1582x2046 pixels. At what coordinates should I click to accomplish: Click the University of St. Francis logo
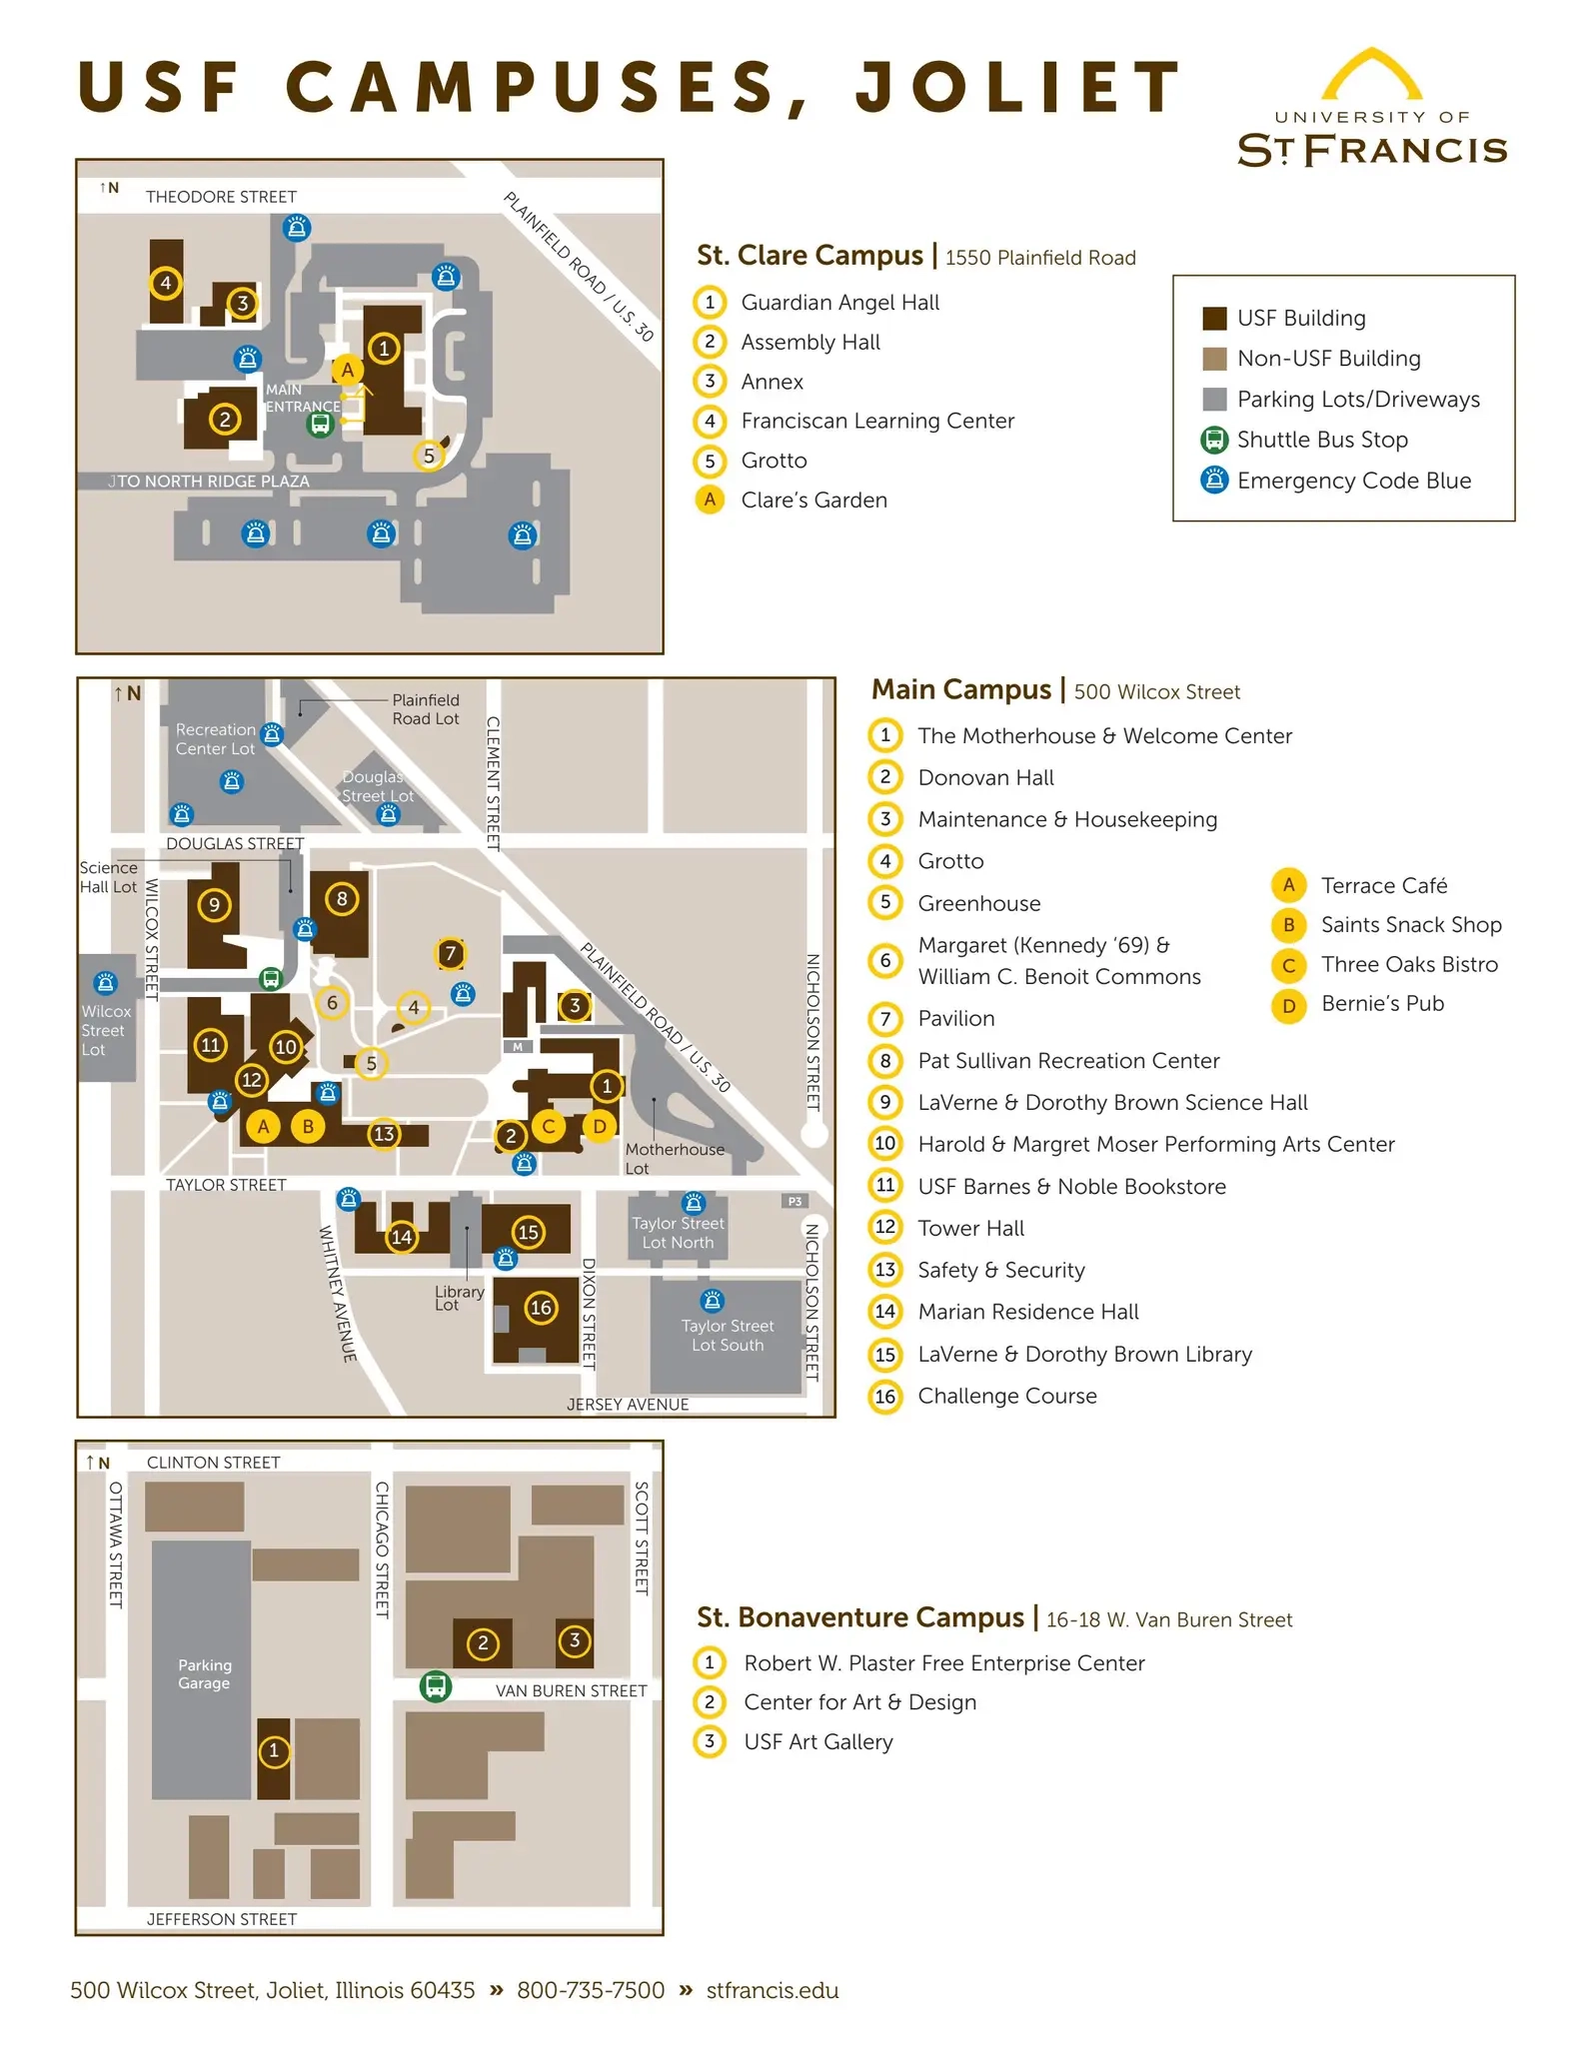(1372, 110)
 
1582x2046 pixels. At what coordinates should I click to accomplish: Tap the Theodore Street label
(221, 197)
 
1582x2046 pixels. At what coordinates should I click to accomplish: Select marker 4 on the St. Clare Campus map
(166, 283)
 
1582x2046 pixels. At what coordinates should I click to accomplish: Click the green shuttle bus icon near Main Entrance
(320, 424)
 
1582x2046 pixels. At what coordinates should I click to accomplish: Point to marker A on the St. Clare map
(347, 370)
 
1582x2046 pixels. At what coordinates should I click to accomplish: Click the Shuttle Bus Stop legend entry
(1321, 440)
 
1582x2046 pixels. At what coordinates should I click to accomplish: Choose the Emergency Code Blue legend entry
(1353, 481)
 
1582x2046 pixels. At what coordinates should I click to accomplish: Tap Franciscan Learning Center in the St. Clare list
(876, 421)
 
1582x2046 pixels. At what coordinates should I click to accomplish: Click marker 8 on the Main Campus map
(342, 898)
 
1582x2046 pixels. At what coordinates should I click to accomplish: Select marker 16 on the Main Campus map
(541, 1307)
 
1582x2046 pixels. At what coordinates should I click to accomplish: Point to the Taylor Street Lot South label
(728, 1335)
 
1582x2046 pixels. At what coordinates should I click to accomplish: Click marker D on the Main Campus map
(599, 1126)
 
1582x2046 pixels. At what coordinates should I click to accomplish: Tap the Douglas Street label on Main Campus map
(234, 843)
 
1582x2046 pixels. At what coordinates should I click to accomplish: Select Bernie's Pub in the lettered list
(1381, 1003)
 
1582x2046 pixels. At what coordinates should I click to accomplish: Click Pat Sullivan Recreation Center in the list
(1067, 1060)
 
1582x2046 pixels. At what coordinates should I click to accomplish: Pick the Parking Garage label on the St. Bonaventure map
(204, 1673)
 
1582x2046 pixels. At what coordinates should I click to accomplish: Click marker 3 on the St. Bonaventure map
(575, 1639)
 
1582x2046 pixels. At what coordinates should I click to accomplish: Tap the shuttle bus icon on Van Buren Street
(435, 1686)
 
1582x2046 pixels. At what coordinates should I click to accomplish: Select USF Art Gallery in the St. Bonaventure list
(817, 1741)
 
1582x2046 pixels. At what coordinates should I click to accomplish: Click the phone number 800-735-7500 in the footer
(590, 1990)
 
